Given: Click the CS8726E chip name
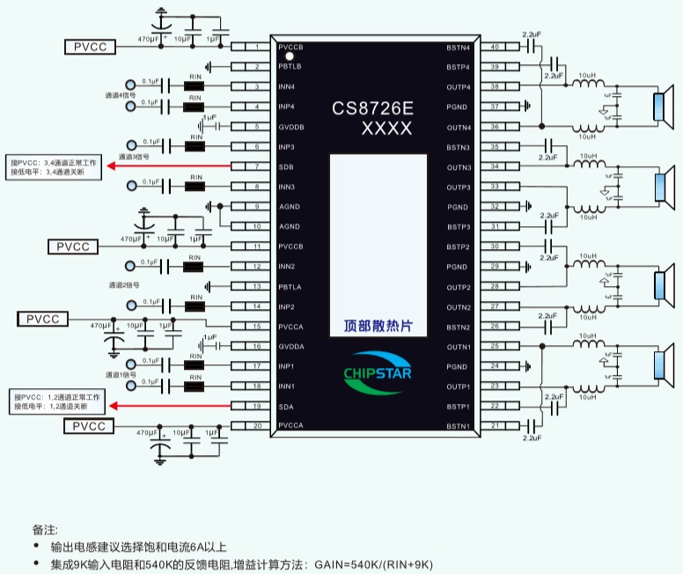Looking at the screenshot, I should coord(372,109).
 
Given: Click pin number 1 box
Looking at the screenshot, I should coord(255,47).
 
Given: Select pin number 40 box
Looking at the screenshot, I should coord(495,47).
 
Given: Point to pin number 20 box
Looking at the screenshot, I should coord(255,426).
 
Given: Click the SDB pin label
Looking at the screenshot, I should coord(286,167).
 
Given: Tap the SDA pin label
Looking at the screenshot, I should coord(286,406).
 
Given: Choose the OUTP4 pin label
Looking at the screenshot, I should coord(459,87).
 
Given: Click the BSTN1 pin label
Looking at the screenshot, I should coord(459,427).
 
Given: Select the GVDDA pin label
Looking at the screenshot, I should coord(291,347).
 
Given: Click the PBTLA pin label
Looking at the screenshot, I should coord(290,287).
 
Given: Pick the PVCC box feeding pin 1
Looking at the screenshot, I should coord(90,47).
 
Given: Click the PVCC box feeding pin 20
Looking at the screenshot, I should coord(90,426).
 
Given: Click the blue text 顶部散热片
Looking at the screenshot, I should coord(378,326).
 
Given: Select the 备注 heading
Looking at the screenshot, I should coord(45,530).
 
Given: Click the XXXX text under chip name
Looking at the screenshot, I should coord(386,129).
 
